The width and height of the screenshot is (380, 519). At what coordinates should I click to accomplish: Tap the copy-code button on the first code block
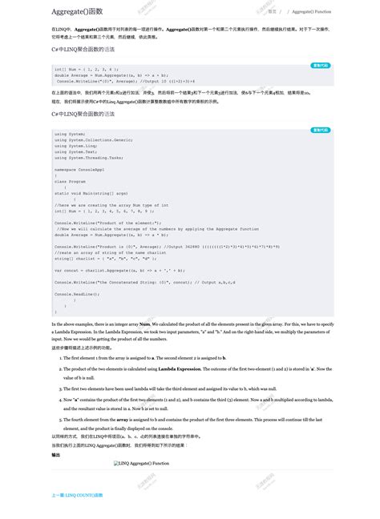(x=321, y=66)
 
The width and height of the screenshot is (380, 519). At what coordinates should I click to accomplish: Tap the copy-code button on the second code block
(x=321, y=130)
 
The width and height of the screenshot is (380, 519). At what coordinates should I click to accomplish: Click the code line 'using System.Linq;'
(x=77, y=145)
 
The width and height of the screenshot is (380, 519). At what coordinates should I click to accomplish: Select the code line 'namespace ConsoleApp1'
(x=83, y=169)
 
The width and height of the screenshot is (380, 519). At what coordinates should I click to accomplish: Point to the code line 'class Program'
(x=71, y=181)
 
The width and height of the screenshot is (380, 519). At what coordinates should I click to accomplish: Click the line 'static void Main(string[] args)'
(x=91, y=193)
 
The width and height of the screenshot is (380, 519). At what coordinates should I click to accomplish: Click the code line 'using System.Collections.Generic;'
(x=94, y=139)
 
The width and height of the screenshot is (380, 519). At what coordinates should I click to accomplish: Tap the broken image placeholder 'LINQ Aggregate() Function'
(x=141, y=463)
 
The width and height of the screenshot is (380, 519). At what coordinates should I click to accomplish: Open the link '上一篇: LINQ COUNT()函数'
(x=77, y=495)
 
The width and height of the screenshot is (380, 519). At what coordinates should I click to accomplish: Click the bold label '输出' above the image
(x=55, y=454)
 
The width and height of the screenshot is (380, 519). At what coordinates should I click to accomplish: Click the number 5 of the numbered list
(x=60, y=419)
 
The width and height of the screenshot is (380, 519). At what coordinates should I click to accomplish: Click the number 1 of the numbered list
(x=60, y=357)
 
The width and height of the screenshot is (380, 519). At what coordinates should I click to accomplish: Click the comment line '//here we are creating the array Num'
(x=112, y=205)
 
